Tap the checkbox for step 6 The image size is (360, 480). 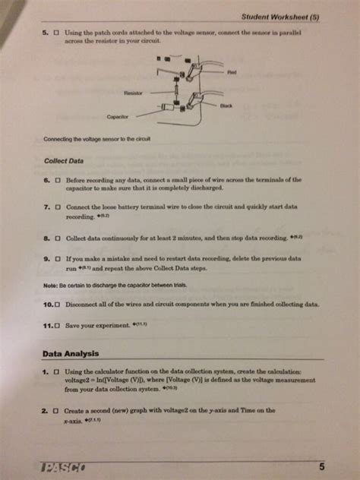click(58, 181)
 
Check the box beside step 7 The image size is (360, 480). click(58, 207)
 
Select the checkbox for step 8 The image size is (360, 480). click(58, 238)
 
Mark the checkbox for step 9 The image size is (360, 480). click(58, 259)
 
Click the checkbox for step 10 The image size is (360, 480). click(58, 302)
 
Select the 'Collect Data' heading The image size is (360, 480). click(65, 160)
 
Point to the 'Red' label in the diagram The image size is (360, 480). click(232, 73)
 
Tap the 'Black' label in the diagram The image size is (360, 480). click(226, 106)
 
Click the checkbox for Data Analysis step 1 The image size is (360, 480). click(56, 372)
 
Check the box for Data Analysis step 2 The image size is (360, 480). click(56, 410)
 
